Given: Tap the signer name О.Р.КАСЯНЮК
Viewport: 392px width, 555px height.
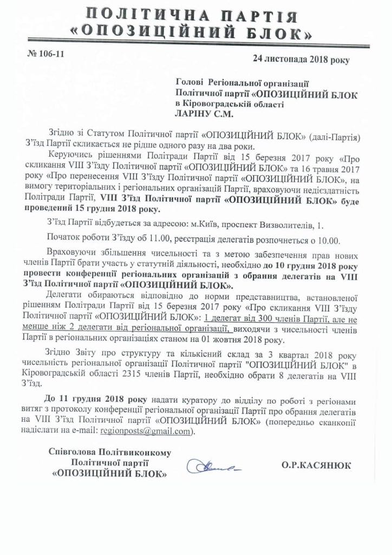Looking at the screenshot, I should tap(316, 464).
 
